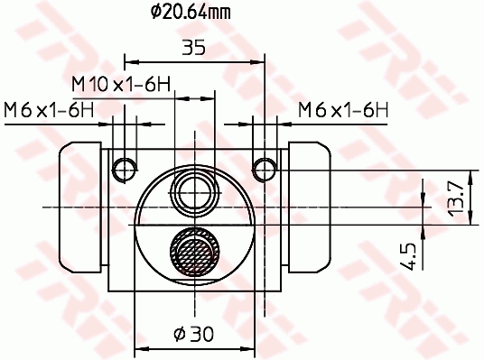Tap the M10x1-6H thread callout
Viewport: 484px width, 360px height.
(x=121, y=83)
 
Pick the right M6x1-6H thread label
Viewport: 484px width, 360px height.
(x=343, y=110)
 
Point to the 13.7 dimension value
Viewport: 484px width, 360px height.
(x=456, y=197)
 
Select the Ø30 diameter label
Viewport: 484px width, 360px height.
(x=192, y=333)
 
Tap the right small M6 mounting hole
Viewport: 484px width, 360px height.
(x=264, y=168)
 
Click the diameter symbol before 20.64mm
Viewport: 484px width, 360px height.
(x=154, y=13)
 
